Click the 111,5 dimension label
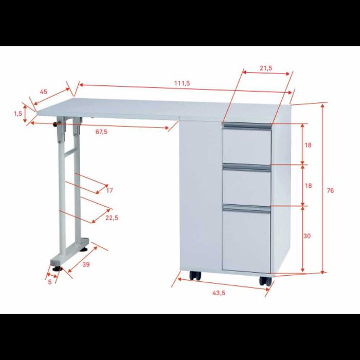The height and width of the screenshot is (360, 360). pos(182,83)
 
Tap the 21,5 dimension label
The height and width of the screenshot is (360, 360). pos(266,68)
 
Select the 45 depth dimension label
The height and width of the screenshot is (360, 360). pos(43,92)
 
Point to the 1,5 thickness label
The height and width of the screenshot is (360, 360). pos(18,113)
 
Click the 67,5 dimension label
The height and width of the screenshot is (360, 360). pos(101,132)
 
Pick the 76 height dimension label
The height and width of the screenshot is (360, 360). pos(330,190)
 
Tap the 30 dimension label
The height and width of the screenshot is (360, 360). pos(307,236)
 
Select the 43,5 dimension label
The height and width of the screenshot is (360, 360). pos(219,293)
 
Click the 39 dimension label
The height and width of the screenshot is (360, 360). pos(86,264)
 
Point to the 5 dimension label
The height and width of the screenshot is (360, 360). pos(50,282)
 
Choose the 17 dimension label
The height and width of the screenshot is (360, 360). pos(110,190)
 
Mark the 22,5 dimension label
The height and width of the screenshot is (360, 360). pos(112,218)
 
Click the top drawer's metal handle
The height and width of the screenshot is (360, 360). pos(246,127)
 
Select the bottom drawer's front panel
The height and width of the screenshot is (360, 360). pos(246,241)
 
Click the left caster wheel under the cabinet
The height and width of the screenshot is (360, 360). pos(195,276)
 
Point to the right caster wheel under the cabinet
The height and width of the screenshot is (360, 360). pos(265,281)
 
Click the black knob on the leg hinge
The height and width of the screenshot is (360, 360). pos(56,124)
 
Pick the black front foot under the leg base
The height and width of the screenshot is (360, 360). pos(57,268)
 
